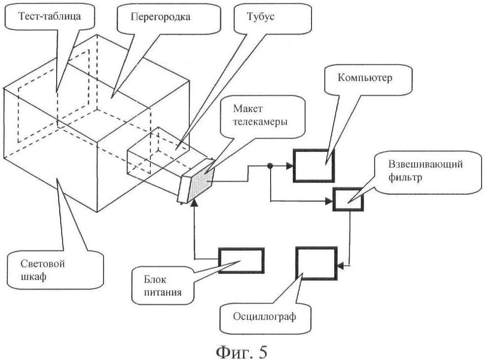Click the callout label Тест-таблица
tap(49, 16)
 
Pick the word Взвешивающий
tap(425, 164)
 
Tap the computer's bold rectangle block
tap(313, 164)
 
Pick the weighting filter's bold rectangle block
tap(348, 200)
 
